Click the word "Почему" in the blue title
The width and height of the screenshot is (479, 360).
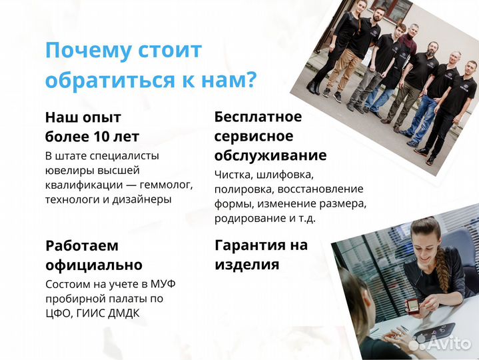(85, 51)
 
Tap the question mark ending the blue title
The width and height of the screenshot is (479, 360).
(250, 81)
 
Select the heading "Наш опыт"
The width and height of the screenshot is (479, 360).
(83, 117)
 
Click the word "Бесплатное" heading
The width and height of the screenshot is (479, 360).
(258, 117)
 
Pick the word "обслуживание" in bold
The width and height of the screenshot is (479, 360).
(270, 155)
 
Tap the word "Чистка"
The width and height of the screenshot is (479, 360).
(233, 174)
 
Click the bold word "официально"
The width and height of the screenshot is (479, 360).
(93, 265)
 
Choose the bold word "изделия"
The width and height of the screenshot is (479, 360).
(246, 264)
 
